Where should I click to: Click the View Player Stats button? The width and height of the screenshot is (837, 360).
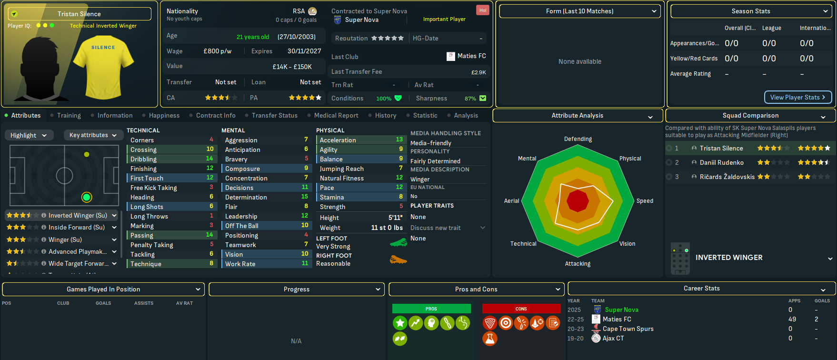797,97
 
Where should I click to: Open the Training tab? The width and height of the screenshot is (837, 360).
69,116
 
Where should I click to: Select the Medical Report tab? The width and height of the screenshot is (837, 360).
336,116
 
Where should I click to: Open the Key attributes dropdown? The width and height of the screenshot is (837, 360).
92,135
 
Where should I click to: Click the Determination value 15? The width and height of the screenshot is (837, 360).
304,197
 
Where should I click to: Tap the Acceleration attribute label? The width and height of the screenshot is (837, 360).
338,140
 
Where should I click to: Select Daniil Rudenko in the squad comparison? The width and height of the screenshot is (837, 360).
721,163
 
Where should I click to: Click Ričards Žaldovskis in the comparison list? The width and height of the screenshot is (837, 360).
727,177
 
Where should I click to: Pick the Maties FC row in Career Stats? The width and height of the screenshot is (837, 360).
617,320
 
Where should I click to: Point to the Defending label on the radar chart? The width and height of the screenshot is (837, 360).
578,139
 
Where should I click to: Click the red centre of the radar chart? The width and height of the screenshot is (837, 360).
578,201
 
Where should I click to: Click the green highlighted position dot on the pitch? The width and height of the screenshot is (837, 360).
87,197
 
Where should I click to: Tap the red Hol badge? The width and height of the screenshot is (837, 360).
483,10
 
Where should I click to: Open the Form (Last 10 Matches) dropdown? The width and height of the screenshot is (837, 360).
579,11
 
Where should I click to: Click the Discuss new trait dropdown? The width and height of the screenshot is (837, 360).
447,228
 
